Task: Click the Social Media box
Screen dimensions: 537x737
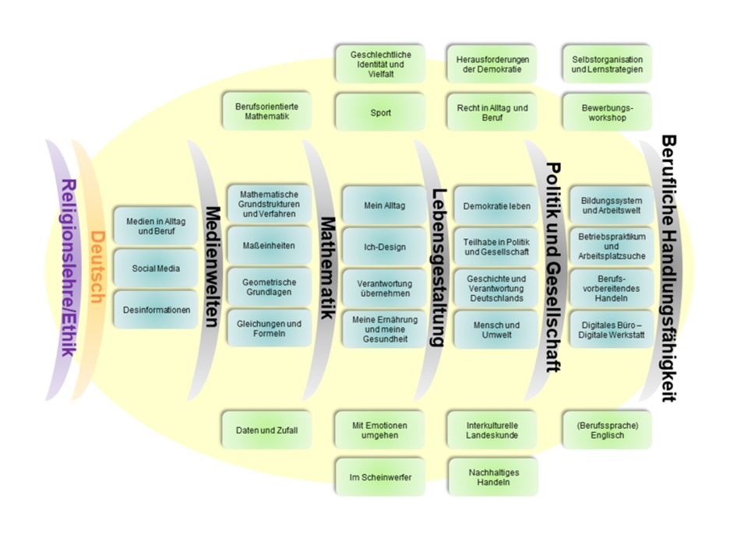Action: [x=156, y=268]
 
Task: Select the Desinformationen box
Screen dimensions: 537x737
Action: [x=156, y=310]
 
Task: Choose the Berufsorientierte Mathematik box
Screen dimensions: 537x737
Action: [x=266, y=112]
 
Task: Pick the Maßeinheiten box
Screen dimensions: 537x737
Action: [x=269, y=245]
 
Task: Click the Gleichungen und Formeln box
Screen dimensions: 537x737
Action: [x=269, y=328]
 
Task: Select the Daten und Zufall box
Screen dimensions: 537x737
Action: [x=266, y=430]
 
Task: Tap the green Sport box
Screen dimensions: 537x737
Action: [x=380, y=112]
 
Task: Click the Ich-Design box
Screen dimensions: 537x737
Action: [x=384, y=247]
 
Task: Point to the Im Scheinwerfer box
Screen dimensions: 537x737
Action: [x=380, y=476]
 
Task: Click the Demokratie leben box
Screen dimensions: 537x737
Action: [x=496, y=206]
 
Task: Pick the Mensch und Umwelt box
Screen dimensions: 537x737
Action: [x=496, y=330]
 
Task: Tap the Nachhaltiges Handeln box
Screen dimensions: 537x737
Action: [x=493, y=476]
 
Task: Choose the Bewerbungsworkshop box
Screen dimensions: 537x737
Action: [x=607, y=112]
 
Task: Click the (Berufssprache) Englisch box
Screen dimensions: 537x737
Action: [x=607, y=430]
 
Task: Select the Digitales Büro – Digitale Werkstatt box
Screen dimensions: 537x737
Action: [x=610, y=330]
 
